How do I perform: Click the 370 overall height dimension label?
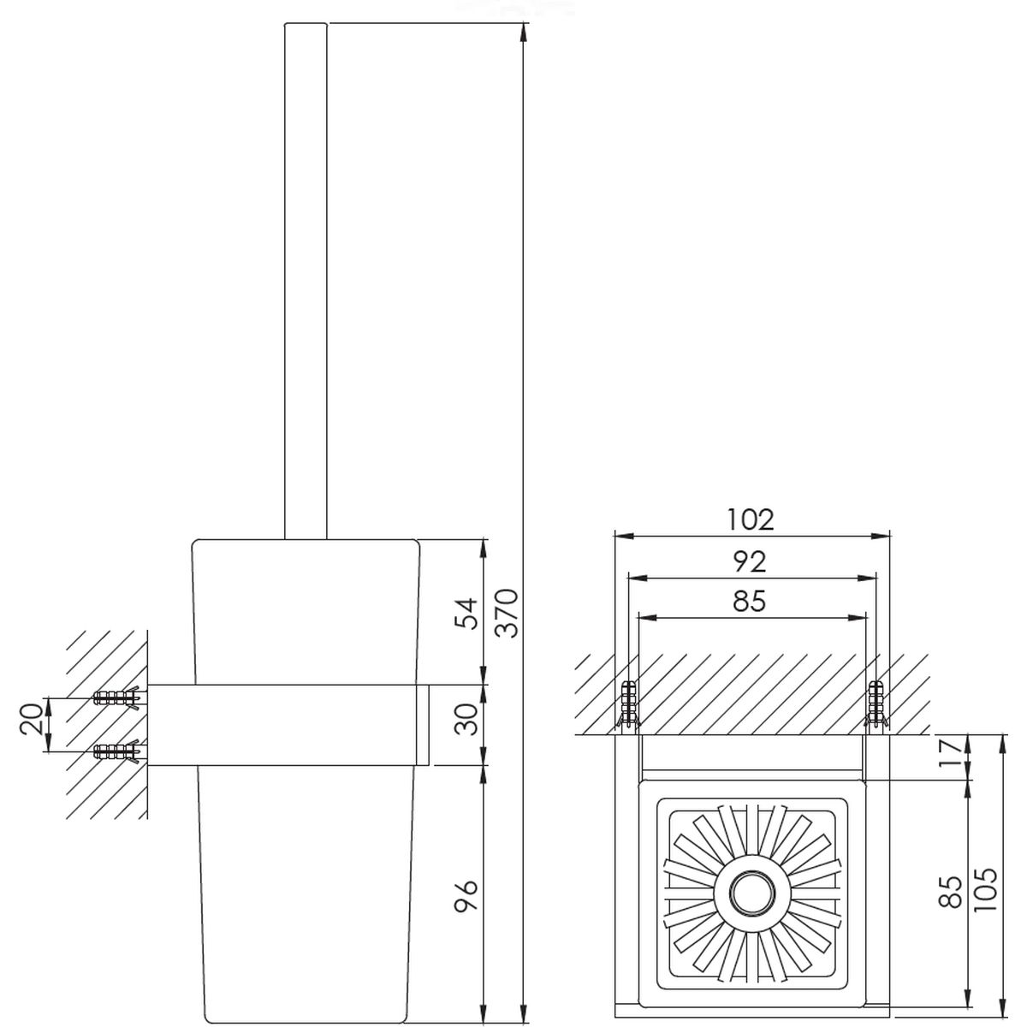click(x=507, y=613)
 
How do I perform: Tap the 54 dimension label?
click(x=466, y=613)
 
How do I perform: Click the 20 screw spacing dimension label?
click(x=32, y=719)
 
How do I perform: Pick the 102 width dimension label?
click(x=751, y=519)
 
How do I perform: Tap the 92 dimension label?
click(x=750, y=561)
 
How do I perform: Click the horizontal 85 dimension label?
click(x=749, y=601)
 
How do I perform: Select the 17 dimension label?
click(x=952, y=751)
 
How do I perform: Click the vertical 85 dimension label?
click(x=951, y=890)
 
